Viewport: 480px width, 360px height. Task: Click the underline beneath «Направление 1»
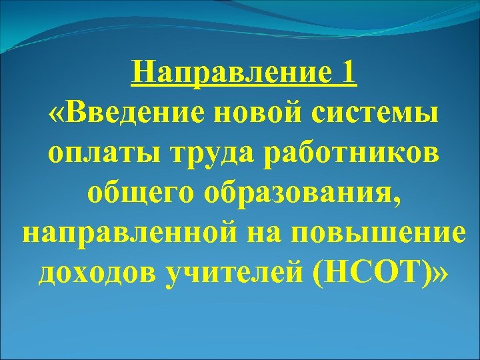(244, 85)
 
